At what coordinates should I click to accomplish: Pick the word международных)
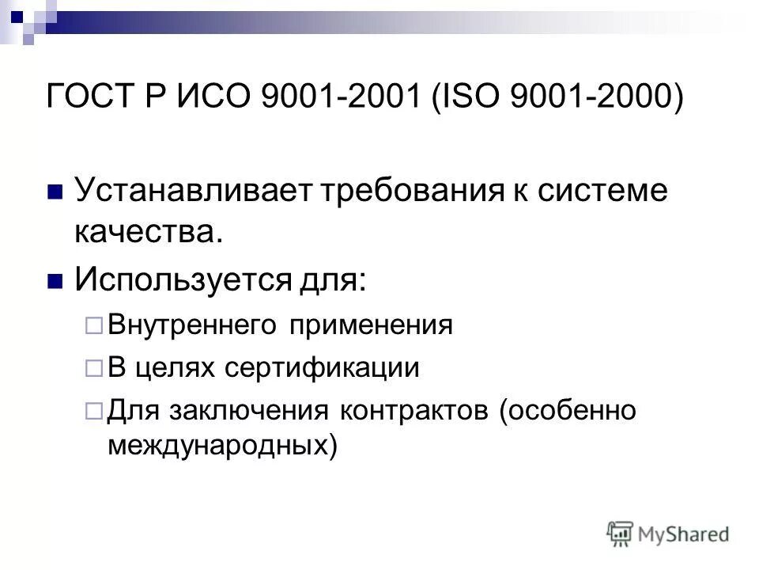[x=222, y=446]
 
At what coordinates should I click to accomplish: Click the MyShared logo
[x=668, y=533]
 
